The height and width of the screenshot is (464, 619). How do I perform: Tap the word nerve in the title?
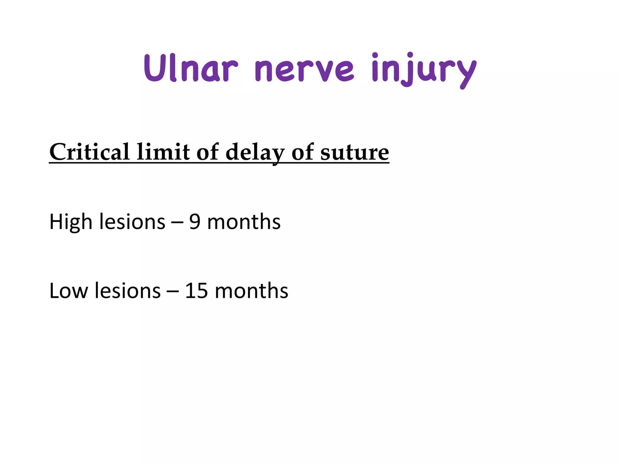pyautogui.click(x=304, y=70)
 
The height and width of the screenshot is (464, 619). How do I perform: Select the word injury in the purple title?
pyautogui.click(x=423, y=70)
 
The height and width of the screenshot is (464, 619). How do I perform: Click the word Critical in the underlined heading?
pyautogui.click(x=89, y=152)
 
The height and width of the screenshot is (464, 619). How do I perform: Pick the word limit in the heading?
pyautogui.click(x=163, y=152)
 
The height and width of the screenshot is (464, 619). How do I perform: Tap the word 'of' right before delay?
pyautogui.click(x=207, y=152)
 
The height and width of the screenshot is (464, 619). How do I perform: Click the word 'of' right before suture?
pyautogui.click(x=302, y=152)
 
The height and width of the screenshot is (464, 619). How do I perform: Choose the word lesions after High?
pyautogui.click(x=132, y=222)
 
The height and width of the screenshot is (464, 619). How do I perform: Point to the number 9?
pyautogui.click(x=195, y=222)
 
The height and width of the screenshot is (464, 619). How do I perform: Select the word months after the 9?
pyautogui.click(x=244, y=222)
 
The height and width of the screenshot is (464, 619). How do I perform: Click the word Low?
pyautogui.click(x=69, y=291)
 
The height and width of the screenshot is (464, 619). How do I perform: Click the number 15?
pyautogui.click(x=196, y=291)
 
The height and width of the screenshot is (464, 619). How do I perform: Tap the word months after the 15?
pyautogui.click(x=251, y=291)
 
